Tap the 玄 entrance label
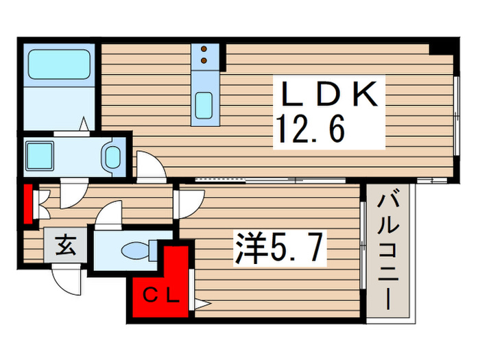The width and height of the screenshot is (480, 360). (x=66, y=244)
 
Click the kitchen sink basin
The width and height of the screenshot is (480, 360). (x=204, y=105)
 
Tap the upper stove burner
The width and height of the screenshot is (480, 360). (x=204, y=49)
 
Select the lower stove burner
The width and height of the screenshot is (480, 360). (x=204, y=61)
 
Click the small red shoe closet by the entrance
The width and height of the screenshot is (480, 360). (x=28, y=204)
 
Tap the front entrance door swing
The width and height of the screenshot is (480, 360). (x=69, y=277)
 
